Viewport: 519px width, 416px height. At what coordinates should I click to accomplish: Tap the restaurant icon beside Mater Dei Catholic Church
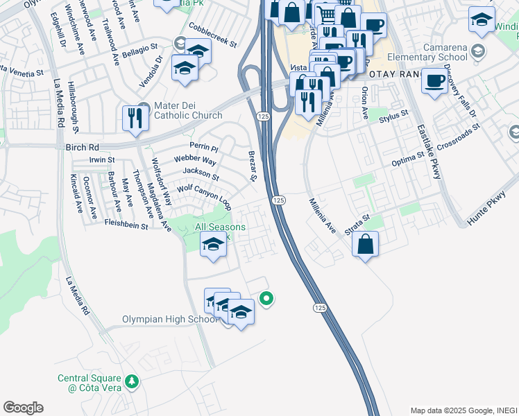coord(133,119)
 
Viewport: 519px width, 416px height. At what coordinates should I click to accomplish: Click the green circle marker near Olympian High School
coord(266,299)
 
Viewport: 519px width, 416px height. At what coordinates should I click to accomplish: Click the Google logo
coord(24,408)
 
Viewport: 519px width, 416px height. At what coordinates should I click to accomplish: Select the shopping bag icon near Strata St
coord(365,245)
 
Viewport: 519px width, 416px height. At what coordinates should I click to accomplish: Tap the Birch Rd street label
coord(83,147)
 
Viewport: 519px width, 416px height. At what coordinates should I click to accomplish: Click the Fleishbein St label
coord(126,225)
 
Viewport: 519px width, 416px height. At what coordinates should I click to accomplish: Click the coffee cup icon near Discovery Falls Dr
coord(434,80)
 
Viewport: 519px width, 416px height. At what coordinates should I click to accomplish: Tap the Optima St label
coord(407,159)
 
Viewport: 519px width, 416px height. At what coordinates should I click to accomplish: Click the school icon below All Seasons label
coord(213,244)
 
